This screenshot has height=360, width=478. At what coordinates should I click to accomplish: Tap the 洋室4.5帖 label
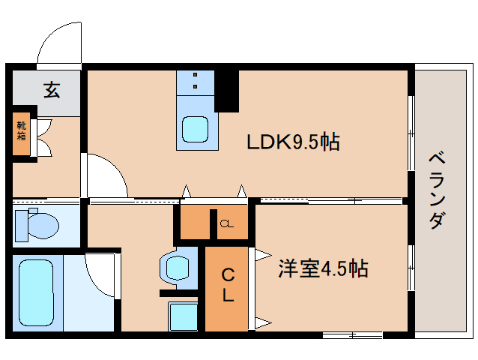324,268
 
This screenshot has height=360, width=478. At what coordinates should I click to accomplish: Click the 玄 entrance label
52,91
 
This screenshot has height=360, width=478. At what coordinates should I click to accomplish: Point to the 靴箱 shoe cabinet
22,133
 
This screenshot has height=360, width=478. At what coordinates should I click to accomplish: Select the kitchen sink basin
196,130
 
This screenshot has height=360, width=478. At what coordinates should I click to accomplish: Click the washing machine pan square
182,316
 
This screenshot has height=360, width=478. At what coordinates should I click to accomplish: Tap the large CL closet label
226,286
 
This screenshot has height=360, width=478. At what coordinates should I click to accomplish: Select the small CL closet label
226,223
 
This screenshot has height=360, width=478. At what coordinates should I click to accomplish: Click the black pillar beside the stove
227,90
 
